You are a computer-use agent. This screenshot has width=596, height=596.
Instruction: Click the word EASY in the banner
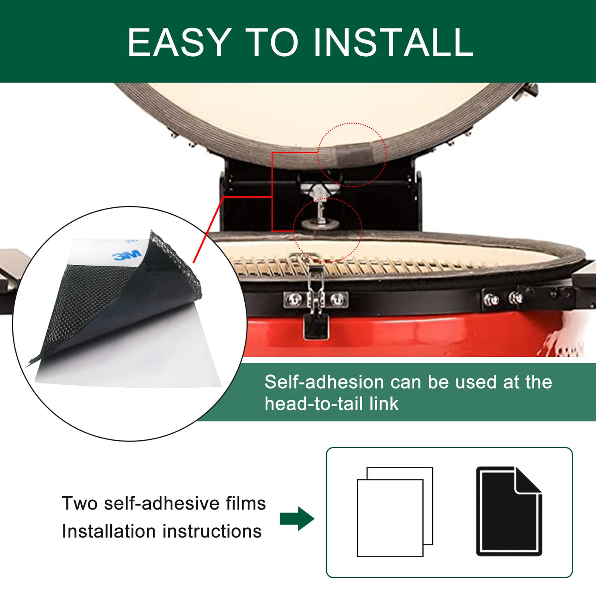[x=180, y=43]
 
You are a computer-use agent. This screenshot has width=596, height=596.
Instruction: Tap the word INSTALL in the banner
[x=393, y=43]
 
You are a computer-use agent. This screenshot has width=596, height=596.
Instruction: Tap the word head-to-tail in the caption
[x=314, y=404]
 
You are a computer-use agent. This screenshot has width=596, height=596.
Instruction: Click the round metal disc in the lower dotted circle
[x=321, y=223]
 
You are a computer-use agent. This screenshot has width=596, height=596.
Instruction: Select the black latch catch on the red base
[x=316, y=327]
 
